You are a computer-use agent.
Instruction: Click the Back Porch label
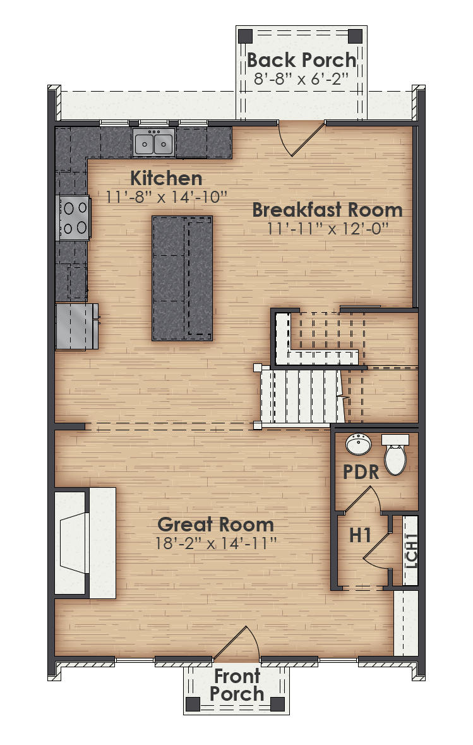click(301, 60)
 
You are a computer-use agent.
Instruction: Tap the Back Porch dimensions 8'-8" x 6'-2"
click(301, 79)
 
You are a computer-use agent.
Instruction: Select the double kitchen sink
click(154, 143)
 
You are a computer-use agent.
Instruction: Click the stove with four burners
click(74, 217)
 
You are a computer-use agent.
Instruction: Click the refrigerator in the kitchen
click(76, 326)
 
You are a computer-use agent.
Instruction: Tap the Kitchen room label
click(166, 178)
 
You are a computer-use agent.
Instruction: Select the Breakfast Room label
click(327, 209)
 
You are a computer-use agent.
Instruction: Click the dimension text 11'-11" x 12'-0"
click(326, 227)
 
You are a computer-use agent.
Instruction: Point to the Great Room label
click(215, 524)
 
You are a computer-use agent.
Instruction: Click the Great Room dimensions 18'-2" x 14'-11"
click(215, 542)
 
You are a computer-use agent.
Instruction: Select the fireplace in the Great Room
click(85, 543)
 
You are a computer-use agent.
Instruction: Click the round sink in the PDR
click(359, 445)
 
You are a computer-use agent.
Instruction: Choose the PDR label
click(361, 472)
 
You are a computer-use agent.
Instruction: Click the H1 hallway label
click(360, 535)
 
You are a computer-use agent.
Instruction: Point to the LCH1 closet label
click(411, 550)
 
